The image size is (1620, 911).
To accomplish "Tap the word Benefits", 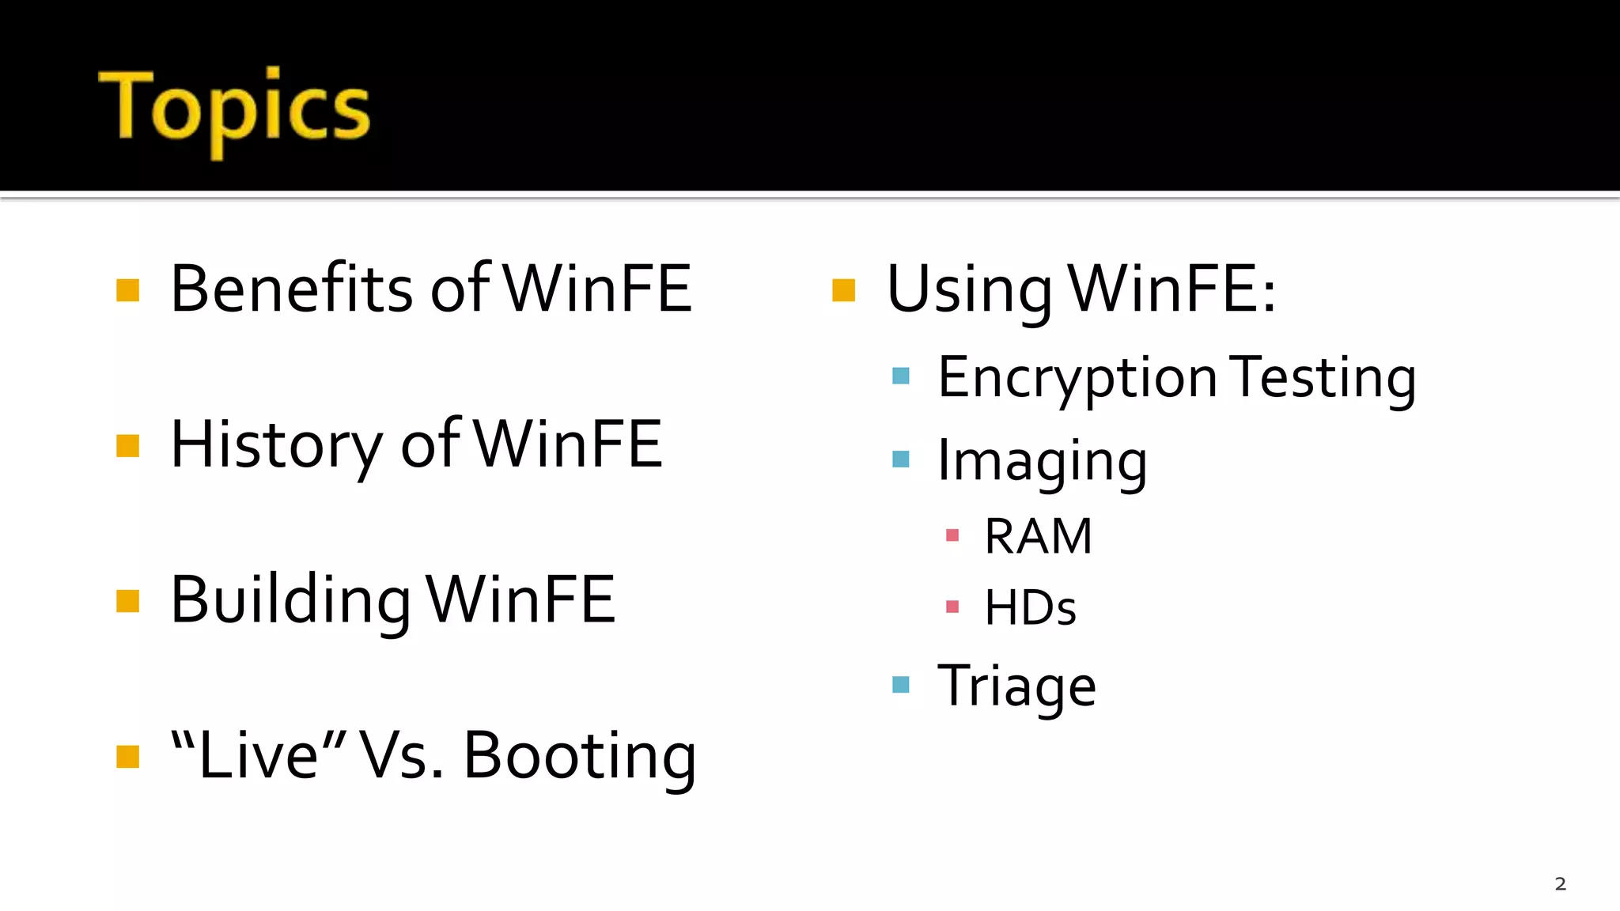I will click(x=290, y=289).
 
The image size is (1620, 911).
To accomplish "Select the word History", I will click(x=276, y=445).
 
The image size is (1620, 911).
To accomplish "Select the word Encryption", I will click(x=1077, y=379).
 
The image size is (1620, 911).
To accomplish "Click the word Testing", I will click(x=1324, y=379).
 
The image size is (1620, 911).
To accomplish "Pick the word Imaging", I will click(x=1042, y=462).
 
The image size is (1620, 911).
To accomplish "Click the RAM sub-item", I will click(x=1038, y=537).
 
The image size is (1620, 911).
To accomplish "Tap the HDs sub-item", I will click(x=1030, y=608).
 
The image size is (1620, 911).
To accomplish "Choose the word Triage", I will click(x=1016, y=686).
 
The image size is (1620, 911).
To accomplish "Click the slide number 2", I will click(x=1560, y=884).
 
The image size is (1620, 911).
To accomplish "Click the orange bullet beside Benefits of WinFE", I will click(x=127, y=290).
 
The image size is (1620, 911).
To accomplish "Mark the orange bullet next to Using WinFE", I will click(x=844, y=290).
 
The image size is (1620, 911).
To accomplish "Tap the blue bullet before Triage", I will click(x=901, y=684).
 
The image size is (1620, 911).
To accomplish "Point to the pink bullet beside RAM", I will click(x=952, y=535).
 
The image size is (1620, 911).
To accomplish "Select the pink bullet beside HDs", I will click(x=952, y=607).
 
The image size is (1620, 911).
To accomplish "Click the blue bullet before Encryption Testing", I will click(x=901, y=376).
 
